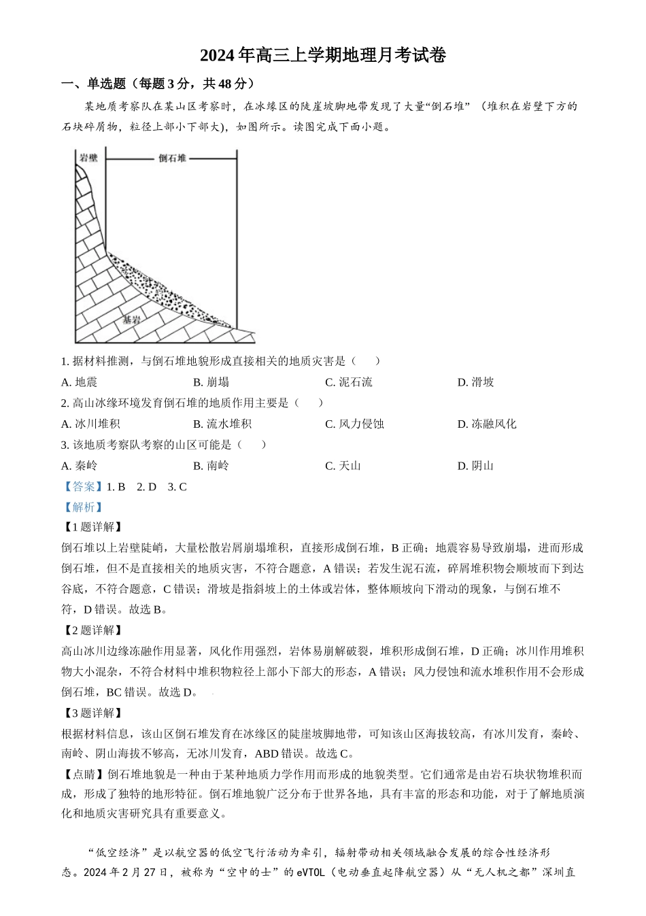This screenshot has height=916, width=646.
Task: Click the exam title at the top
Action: tap(322, 56)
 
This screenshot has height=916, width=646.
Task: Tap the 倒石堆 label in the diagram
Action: tap(172, 158)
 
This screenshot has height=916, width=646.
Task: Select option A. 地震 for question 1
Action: tap(79, 382)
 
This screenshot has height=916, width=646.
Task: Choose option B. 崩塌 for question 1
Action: tap(211, 382)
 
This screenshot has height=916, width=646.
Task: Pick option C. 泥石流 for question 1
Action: tap(349, 382)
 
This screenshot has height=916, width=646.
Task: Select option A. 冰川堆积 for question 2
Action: tap(90, 424)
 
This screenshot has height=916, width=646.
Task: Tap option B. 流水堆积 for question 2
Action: tap(222, 424)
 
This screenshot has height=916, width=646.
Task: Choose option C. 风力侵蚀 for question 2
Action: tap(354, 424)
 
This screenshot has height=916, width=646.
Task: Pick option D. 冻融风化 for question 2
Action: tap(487, 424)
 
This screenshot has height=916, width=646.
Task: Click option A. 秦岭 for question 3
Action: tap(79, 466)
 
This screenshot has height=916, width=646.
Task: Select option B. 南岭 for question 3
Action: tap(211, 466)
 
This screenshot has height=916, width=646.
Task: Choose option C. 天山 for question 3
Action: tap(343, 466)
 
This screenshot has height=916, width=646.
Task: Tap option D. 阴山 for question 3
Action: tap(475, 466)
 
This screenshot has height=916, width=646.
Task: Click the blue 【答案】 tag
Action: tap(82, 487)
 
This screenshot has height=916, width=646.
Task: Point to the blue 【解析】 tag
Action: tap(82, 507)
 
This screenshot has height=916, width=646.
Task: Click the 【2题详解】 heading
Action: tap(92, 630)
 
